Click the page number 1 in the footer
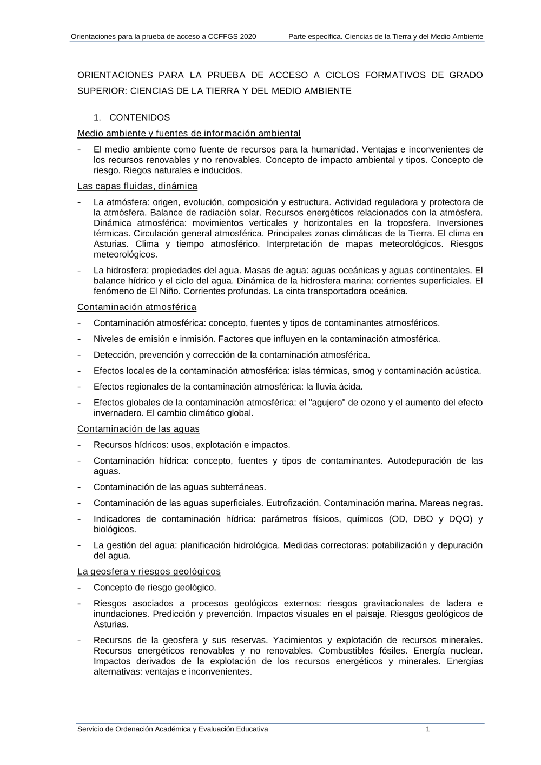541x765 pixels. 428,729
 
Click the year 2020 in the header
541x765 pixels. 247,37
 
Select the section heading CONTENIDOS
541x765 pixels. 140,117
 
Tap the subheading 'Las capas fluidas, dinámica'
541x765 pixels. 137,186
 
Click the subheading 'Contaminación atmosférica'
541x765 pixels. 137,307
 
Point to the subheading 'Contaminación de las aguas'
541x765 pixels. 138,429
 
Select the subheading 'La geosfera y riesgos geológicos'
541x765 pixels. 149,572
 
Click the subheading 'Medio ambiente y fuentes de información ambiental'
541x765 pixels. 189,134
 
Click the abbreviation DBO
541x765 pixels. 423,519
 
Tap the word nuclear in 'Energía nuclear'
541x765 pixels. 466,651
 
